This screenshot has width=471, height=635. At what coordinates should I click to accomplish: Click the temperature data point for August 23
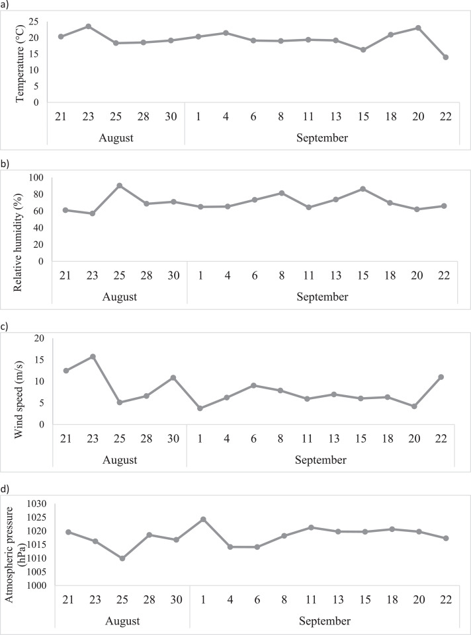click(88, 26)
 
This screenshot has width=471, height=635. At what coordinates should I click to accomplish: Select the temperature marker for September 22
click(446, 57)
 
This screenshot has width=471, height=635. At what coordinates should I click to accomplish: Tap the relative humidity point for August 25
click(119, 186)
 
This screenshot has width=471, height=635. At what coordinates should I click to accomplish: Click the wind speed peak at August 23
click(93, 357)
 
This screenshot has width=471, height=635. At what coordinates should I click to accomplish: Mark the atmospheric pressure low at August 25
click(122, 558)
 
